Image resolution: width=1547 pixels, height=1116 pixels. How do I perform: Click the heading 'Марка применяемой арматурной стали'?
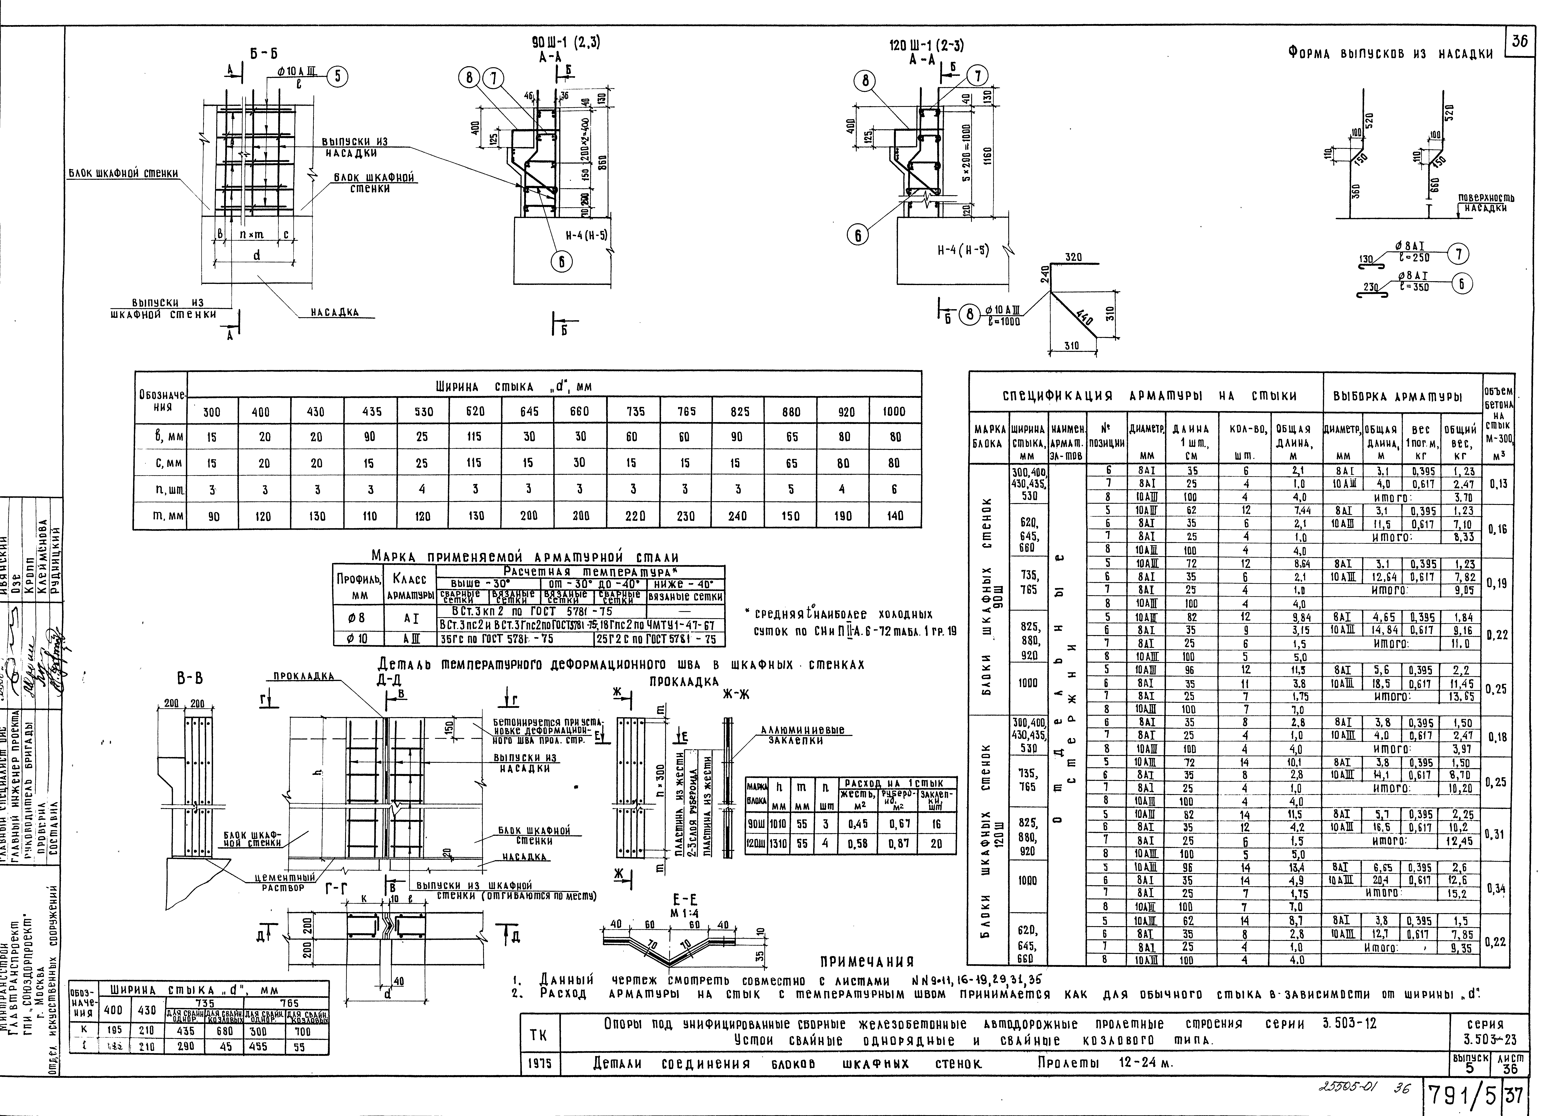(x=525, y=558)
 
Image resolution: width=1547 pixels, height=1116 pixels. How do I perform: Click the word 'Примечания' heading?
(x=866, y=962)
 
